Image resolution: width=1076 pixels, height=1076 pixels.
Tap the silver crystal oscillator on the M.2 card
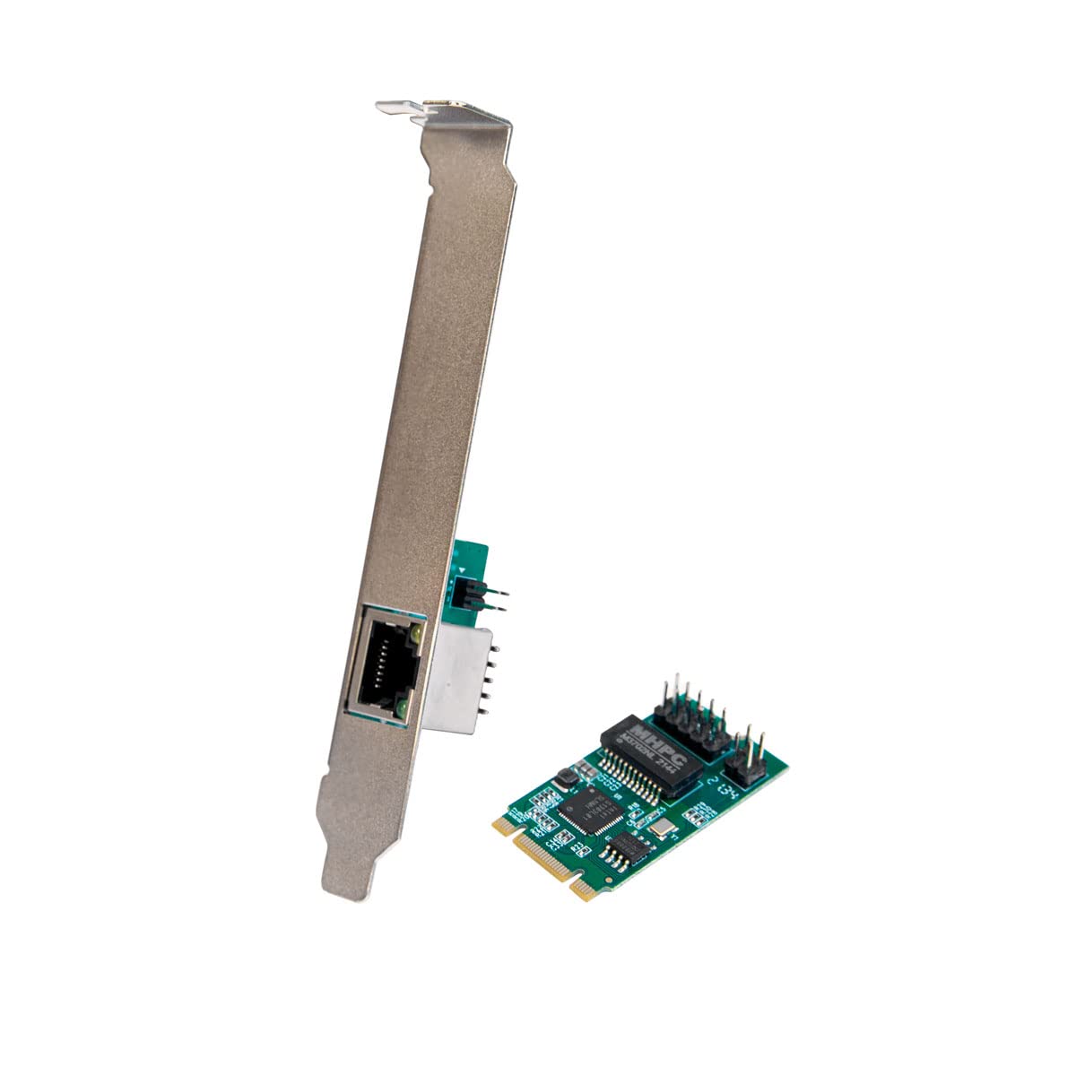point(662,830)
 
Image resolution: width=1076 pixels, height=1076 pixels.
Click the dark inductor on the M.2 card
point(562,777)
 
